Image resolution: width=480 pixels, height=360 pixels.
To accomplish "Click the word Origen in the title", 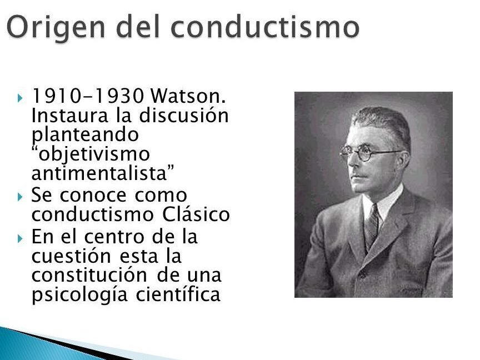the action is coord(56,28).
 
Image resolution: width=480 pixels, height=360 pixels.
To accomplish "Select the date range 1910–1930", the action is coord(88,96).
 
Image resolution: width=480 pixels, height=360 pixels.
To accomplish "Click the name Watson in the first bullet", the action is coord(188,96).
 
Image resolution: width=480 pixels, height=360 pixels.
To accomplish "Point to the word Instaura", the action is coord(70,116).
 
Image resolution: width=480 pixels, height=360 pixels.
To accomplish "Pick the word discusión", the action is coord(184,116).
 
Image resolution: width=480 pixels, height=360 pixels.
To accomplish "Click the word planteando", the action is coord(85,136).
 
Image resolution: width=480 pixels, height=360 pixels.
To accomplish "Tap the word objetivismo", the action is coord(91,154).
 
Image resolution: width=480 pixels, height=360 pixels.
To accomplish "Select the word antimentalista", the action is coord(103,173).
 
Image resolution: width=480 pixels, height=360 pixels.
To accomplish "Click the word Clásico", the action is coord(196,214).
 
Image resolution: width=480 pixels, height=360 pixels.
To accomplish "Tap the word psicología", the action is coord(79,295).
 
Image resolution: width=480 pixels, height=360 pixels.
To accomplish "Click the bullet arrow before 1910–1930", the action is coord(20,98).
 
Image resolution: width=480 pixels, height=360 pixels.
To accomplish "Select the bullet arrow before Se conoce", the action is coord(20,197).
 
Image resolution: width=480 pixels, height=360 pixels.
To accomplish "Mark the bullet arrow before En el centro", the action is coord(20,238).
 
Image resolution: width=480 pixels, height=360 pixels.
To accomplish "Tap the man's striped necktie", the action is coord(372,227).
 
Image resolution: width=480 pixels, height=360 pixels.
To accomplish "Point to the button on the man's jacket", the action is coord(363,274).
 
